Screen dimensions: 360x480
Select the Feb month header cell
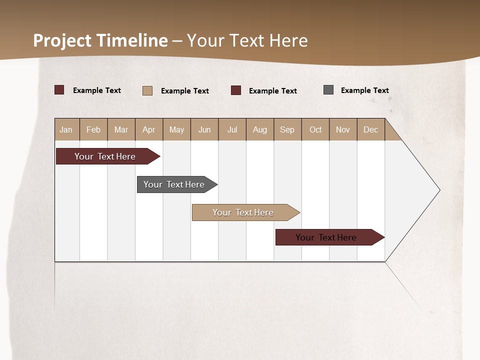point(93,129)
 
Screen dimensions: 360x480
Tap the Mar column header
point(121,129)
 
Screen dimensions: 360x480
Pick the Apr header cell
point(149,129)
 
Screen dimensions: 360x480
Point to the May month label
point(176,129)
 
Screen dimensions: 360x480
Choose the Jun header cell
point(204,129)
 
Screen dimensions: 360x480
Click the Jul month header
point(232,129)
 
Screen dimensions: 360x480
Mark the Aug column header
point(260,129)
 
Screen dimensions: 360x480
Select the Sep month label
point(287,129)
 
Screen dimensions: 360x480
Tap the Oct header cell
point(315,129)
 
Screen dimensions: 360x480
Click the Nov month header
point(343,129)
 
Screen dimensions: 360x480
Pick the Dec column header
point(371,129)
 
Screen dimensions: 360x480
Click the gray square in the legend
point(328,90)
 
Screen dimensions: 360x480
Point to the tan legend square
point(147,90)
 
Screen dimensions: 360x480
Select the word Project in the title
point(62,40)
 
